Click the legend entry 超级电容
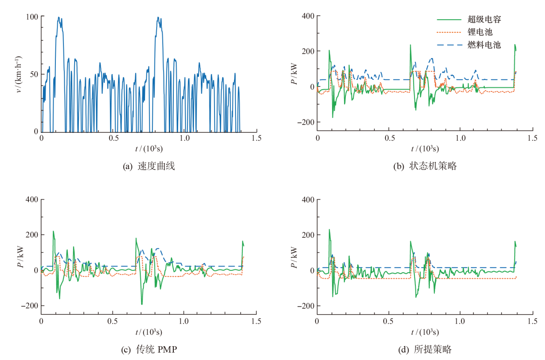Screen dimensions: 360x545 click(x=484, y=19)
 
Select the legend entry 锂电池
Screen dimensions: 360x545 click(x=479, y=32)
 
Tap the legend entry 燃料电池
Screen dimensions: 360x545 click(x=484, y=45)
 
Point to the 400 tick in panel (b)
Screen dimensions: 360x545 click(x=308, y=16)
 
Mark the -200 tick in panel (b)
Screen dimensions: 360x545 click(x=306, y=122)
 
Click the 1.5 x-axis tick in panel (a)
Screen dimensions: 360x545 click(x=257, y=139)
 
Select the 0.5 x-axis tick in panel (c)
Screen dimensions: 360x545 click(x=113, y=321)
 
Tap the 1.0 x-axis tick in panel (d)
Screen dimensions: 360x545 click(x=460, y=321)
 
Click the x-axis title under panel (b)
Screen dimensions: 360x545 click(x=425, y=148)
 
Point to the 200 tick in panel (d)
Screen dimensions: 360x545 click(x=308, y=235)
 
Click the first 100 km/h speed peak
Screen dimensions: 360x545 click(x=59, y=18)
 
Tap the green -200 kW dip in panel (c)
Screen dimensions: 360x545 click(x=142, y=304)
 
